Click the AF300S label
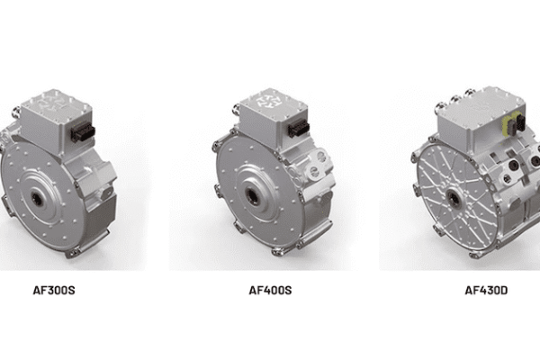54,290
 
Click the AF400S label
270,290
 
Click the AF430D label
486,290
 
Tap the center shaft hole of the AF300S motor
37,199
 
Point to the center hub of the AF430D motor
454,199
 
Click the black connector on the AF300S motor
83,131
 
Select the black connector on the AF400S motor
299,130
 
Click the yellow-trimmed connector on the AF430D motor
512,125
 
